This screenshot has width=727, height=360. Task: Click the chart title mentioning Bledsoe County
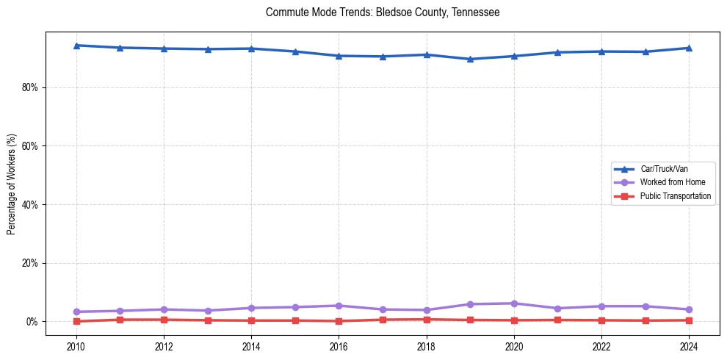(x=383, y=12)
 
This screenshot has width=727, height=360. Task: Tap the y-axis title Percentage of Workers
(x=12, y=184)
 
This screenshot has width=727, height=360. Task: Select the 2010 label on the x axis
(x=76, y=346)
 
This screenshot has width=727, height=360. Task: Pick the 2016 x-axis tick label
(x=339, y=346)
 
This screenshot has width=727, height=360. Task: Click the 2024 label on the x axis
(x=689, y=346)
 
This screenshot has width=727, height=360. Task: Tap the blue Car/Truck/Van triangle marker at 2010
(x=76, y=46)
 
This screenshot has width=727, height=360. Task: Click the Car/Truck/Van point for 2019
(x=470, y=59)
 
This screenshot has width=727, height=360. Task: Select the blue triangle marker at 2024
(x=689, y=48)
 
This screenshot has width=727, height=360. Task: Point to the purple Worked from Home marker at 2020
(x=514, y=303)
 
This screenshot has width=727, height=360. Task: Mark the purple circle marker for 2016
(x=339, y=306)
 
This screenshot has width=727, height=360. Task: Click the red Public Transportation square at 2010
(x=76, y=321)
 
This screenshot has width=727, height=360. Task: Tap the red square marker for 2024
(x=689, y=320)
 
